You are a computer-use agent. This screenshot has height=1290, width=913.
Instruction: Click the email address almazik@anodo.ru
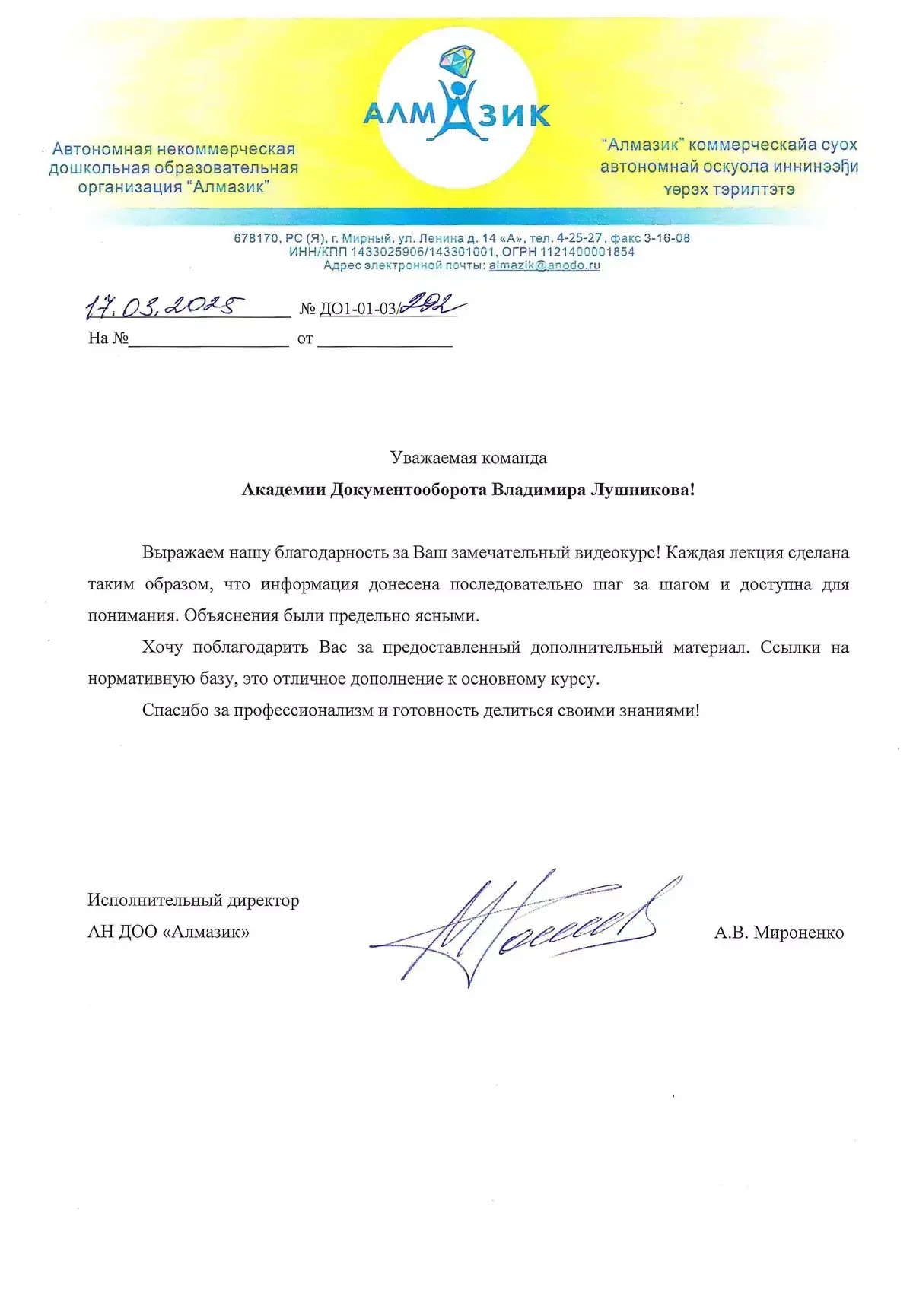pyautogui.click(x=544, y=265)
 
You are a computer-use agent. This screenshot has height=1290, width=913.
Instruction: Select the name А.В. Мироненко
pyautogui.click(x=778, y=933)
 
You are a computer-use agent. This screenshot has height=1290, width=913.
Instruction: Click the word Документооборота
pyautogui.click(x=409, y=489)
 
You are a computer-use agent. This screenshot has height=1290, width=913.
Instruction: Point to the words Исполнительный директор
pyautogui.click(x=193, y=901)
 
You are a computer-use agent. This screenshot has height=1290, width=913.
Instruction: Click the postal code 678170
pyautogui.click(x=256, y=238)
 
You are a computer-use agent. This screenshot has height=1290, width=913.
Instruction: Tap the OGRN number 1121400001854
pyautogui.click(x=587, y=252)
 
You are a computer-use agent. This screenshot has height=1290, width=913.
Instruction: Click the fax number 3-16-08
pyautogui.click(x=667, y=238)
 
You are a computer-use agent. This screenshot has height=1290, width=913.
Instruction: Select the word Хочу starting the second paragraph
pyautogui.click(x=162, y=647)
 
